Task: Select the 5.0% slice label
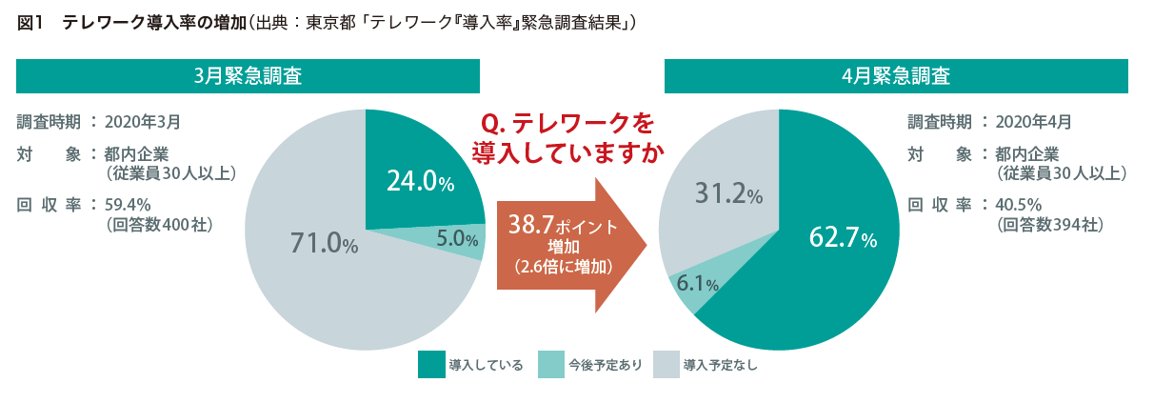point(458,240)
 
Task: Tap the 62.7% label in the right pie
point(842,237)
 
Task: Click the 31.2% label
point(728,195)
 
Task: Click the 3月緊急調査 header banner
point(248,76)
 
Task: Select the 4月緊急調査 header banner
point(896,76)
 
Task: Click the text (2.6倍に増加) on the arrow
point(563,267)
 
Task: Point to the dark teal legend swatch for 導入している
point(430,365)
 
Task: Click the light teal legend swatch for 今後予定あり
point(550,365)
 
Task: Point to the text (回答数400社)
point(158,225)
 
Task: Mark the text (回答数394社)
point(1049,225)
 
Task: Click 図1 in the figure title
point(30,24)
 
